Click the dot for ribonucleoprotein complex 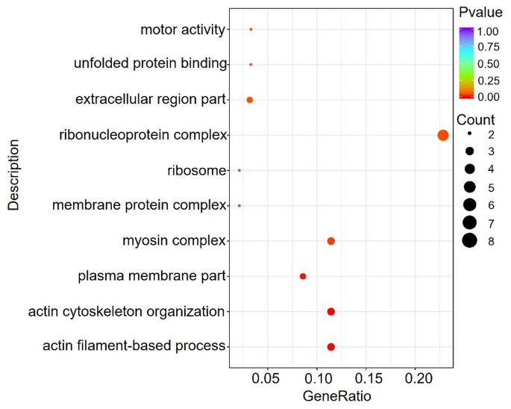pos(443,135)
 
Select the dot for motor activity pos(251,29)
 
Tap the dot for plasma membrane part pos(303,276)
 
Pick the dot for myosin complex pos(331,241)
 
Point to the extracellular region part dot pos(250,100)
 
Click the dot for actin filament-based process pos(331,347)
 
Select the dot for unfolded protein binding pos(251,65)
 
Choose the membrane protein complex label pos(139,205)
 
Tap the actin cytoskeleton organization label pos(126,311)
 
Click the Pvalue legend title pos(480,12)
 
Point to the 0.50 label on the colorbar pos(489,63)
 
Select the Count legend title pos(476,119)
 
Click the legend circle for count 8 pos(469,240)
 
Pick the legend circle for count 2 pos(469,134)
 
